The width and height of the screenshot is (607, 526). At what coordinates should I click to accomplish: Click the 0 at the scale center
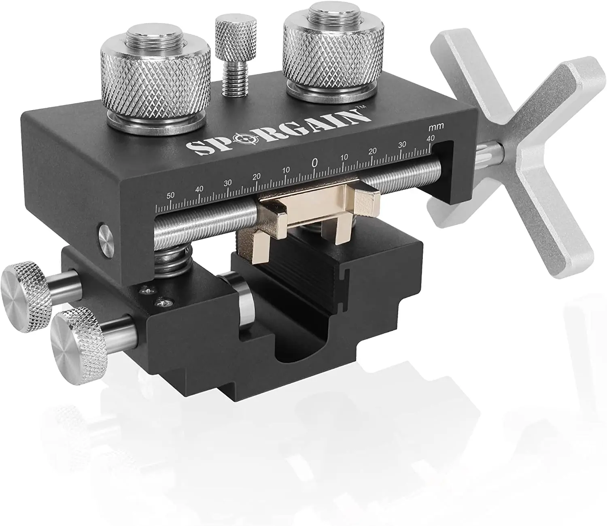[x=314, y=163]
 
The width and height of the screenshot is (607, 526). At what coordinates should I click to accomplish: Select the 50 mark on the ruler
[x=170, y=195]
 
